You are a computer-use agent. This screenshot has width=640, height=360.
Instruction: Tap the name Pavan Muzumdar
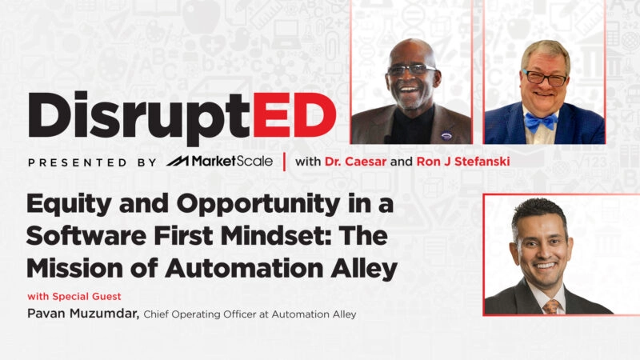83,314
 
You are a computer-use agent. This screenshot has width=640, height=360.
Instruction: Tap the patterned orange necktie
550,307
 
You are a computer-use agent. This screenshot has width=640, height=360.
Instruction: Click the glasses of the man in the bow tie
544,78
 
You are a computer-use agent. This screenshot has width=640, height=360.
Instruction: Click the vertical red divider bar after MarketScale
284,162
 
